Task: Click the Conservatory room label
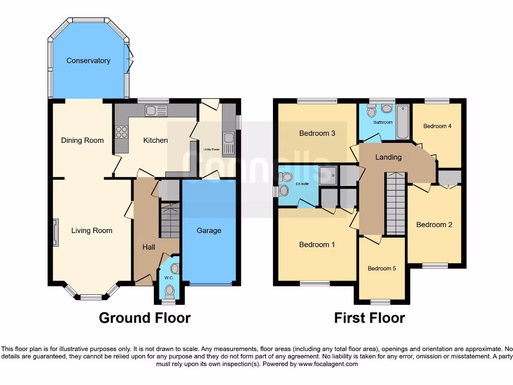pos(88,61)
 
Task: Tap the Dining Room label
pos(82,140)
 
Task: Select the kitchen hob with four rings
pos(122,131)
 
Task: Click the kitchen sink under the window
pos(152,110)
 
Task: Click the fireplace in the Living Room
pos(55,233)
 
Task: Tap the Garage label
pos(209,231)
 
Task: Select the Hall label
pos(149,247)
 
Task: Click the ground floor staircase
pos(170,220)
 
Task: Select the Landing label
pos(389,157)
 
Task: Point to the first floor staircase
pos(395,203)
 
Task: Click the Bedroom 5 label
pos(382,268)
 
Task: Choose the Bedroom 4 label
pos(437,126)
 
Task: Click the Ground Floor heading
pos(145,318)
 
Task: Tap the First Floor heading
pos(370,318)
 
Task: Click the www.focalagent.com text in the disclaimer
pos(328,364)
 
